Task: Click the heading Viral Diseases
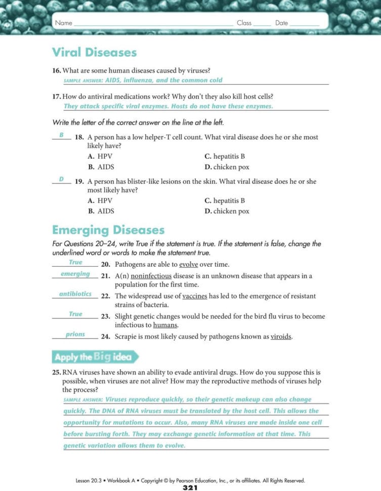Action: [x=94, y=52]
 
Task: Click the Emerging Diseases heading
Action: [x=108, y=230]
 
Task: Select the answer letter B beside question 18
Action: [x=61, y=135]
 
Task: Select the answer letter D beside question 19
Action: [x=61, y=179]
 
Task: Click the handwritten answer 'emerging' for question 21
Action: [x=75, y=274]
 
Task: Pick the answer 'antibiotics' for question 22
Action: [x=75, y=294]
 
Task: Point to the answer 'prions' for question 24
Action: [x=75, y=334]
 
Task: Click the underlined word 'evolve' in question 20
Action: [x=188, y=264]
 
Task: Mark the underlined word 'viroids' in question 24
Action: [x=281, y=336]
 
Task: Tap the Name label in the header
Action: [x=63, y=23]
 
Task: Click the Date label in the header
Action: [x=281, y=23]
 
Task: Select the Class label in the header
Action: [x=244, y=23]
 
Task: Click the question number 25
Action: [x=57, y=372]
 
